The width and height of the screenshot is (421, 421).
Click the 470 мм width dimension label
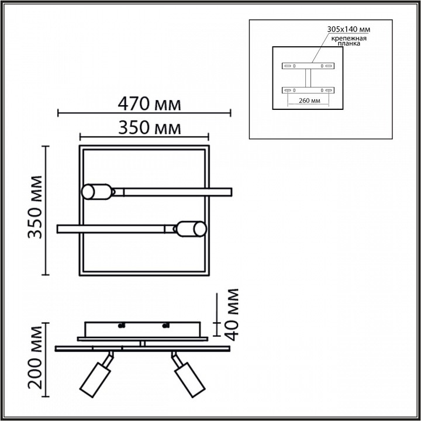[149, 104]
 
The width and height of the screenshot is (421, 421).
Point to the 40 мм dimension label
[233, 314]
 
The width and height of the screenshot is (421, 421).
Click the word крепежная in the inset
[349, 37]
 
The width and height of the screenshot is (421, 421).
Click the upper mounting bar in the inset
[308, 65]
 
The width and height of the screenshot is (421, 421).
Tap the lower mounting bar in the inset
[308, 90]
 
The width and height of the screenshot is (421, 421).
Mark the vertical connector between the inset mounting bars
[308, 78]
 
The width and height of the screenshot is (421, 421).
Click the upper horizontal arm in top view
[172, 191]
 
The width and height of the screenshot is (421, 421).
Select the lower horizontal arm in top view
[117, 227]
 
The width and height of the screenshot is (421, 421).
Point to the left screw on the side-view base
[122, 326]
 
